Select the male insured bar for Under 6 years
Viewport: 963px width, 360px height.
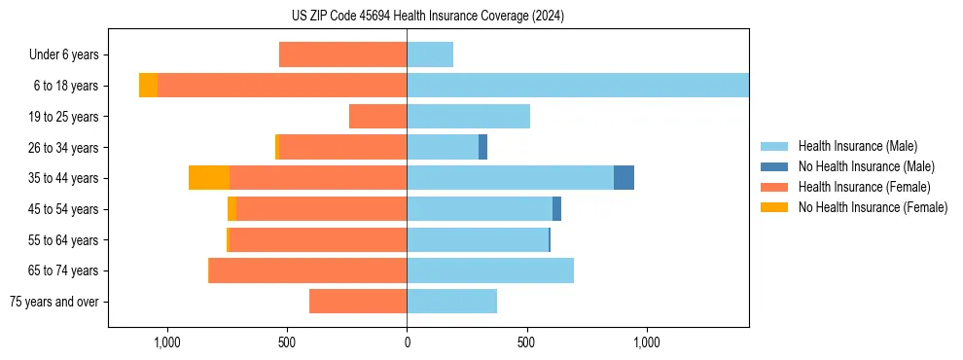(430, 54)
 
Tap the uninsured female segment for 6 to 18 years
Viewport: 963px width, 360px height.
(148, 86)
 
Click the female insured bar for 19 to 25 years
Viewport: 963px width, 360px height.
(377, 117)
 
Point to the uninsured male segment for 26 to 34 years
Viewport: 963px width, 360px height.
(482, 147)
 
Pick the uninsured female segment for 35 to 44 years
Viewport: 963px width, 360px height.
(209, 178)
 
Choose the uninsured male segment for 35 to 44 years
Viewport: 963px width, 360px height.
(624, 178)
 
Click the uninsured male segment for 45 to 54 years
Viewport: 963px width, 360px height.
(556, 209)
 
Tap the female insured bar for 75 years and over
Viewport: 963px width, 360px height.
(358, 302)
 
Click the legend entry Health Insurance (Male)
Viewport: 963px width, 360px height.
(857, 146)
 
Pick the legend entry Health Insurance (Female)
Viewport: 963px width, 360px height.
(864, 187)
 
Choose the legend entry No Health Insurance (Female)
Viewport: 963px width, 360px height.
(873, 207)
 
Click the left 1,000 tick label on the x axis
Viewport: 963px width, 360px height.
(166, 342)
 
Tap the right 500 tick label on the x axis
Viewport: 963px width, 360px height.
(526, 342)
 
